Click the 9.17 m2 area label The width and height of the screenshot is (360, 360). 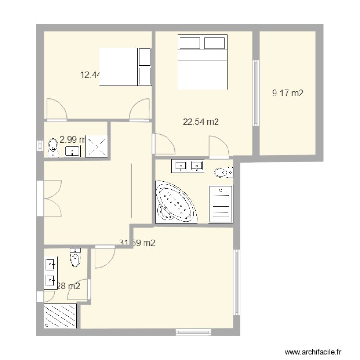tap(288, 94)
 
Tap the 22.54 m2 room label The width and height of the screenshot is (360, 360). tap(201, 122)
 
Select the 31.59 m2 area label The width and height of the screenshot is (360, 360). tap(137, 243)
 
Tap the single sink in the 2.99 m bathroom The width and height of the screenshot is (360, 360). tap(73, 152)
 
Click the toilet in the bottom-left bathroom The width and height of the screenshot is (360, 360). tap(75, 258)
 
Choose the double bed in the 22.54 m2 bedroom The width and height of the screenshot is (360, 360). tap(202, 62)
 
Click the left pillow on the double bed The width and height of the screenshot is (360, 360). tap(189, 43)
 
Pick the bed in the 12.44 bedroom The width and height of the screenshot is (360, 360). tap(125, 67)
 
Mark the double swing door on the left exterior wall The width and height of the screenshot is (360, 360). tap(49, 198)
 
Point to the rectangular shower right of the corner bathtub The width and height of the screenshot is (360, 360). tap(221, 204)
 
